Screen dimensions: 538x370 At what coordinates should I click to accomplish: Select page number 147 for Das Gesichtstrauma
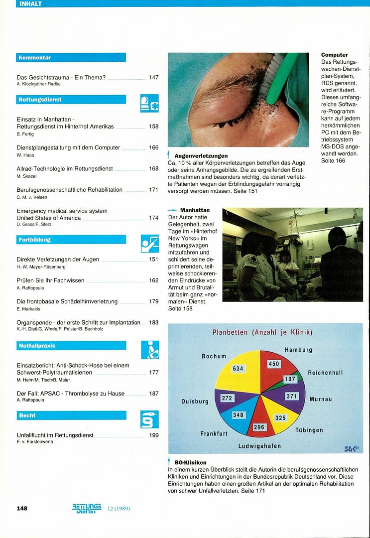coord(154,78)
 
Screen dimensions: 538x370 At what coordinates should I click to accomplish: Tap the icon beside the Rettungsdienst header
coord(149,103)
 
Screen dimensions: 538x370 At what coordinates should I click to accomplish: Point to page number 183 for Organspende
coord(154,323)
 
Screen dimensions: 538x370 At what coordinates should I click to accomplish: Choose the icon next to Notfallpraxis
coord(149,350)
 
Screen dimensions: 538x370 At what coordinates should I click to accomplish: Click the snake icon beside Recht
coord(149,419)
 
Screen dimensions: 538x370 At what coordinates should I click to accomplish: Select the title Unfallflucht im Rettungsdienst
coord(55,435)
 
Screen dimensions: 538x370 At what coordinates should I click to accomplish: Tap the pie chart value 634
coord(238,369)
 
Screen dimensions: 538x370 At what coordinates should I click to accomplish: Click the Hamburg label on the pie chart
coord(298,350)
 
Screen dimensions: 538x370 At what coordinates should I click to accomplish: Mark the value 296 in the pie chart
coord(259,427)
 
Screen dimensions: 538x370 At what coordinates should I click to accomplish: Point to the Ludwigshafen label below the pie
coord(259,446)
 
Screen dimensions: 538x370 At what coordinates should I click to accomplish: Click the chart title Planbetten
coord(262,332)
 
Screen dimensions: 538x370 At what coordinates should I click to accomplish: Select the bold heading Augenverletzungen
coord(201,156)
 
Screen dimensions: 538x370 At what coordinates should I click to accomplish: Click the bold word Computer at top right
coord(335,55)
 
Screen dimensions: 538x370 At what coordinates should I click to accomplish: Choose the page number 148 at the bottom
coord(22,508)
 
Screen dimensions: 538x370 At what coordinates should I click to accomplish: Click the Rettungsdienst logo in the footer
coord(87,508)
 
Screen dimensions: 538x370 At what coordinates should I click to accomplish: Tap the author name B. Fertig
coord(24,134)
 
